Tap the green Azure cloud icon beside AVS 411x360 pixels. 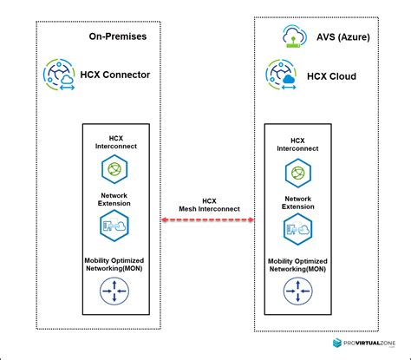(291, 36)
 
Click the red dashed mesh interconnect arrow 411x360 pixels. (207, 220)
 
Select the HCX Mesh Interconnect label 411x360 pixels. (208, 205)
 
